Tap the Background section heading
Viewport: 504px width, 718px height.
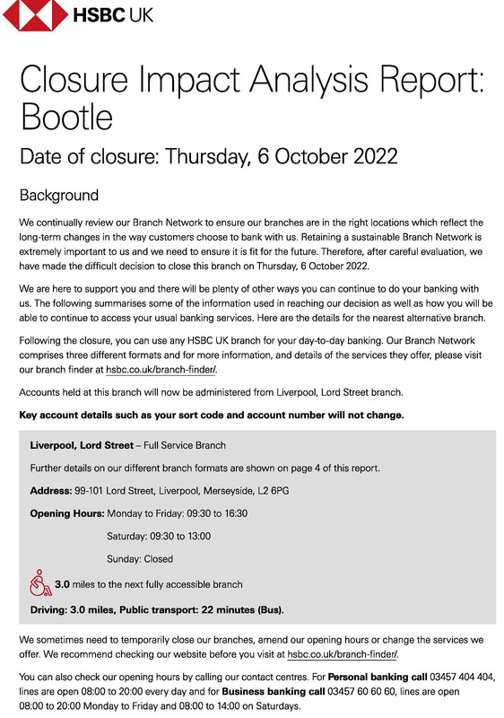point(59,195)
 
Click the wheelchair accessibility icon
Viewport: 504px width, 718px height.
point(39,582)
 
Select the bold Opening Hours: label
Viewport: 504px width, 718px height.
point(67,513)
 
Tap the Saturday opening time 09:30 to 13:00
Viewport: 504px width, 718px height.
point(186,536)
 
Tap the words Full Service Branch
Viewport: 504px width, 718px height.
point(184,445)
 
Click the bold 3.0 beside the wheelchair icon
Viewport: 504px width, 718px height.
point(63,584)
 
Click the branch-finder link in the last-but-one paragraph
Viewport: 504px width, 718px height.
point(342,654)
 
